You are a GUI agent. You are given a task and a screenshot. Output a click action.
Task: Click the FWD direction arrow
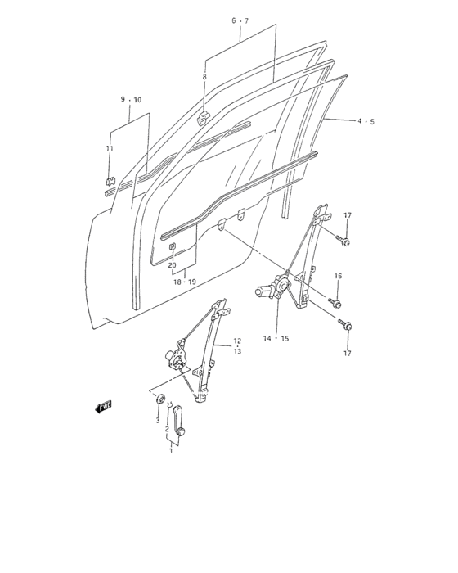tap(103, 407)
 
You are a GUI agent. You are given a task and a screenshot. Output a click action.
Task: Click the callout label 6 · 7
tap(240, 20)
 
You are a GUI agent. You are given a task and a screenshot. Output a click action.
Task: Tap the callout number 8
tap(204, 77)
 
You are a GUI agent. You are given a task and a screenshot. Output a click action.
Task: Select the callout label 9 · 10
tap(131, 100)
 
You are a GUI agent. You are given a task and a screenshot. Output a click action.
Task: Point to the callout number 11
tap(110, 148)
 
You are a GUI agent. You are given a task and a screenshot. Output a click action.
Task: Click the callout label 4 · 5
tap(366, 121)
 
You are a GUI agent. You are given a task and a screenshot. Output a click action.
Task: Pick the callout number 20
tap(173, 265)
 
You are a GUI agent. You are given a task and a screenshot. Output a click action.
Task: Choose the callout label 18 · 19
tap(185, 282)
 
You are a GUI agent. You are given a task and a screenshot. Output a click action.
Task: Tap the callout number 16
tap(338, 276)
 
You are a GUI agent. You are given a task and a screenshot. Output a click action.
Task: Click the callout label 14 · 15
tap(276, 338)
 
